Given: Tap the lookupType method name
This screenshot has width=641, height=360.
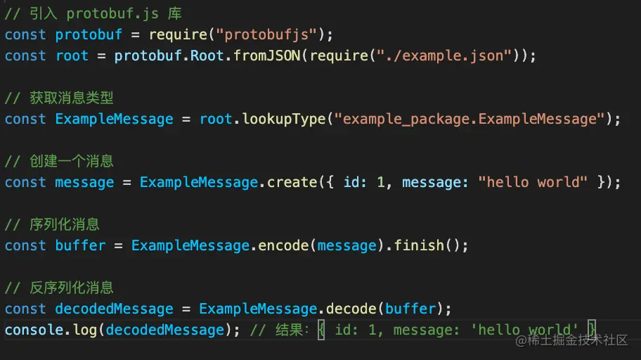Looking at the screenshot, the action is tap(284, 119).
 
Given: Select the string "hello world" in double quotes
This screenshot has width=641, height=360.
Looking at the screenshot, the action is tap(533, 182).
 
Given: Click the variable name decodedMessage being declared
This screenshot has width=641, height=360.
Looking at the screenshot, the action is tap(114, 309).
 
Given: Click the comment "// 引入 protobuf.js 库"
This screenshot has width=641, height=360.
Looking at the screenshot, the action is tap(93, 13).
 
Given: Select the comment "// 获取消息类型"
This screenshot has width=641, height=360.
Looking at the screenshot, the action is tap(59, 98).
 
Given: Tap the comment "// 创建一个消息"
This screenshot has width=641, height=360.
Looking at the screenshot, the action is tap(59, 161).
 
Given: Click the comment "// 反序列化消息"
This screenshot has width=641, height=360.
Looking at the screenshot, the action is tap(59, 288).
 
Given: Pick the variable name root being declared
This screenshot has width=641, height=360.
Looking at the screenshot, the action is tap(72, 56).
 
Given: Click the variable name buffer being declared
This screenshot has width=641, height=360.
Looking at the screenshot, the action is tap(80, 245).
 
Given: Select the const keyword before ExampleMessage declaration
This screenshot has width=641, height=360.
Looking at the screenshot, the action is tap(25, 119).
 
